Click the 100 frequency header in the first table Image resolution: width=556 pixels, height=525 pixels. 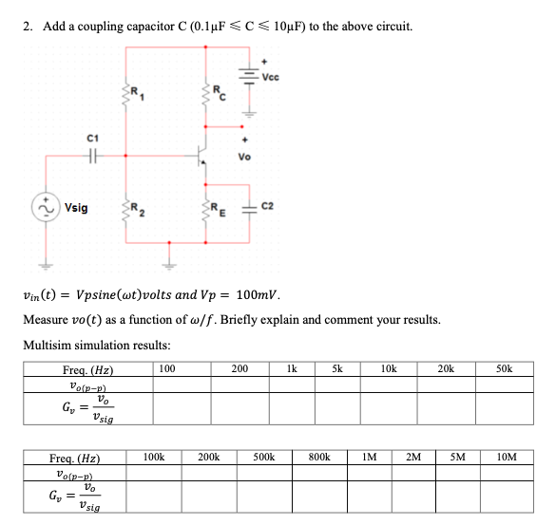166,367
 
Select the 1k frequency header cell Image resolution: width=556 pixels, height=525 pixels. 292,367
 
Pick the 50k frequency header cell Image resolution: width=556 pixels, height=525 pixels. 504,367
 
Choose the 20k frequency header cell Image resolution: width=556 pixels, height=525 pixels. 445,367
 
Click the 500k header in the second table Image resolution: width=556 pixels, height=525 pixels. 264,457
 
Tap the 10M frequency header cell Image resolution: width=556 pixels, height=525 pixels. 508,457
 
